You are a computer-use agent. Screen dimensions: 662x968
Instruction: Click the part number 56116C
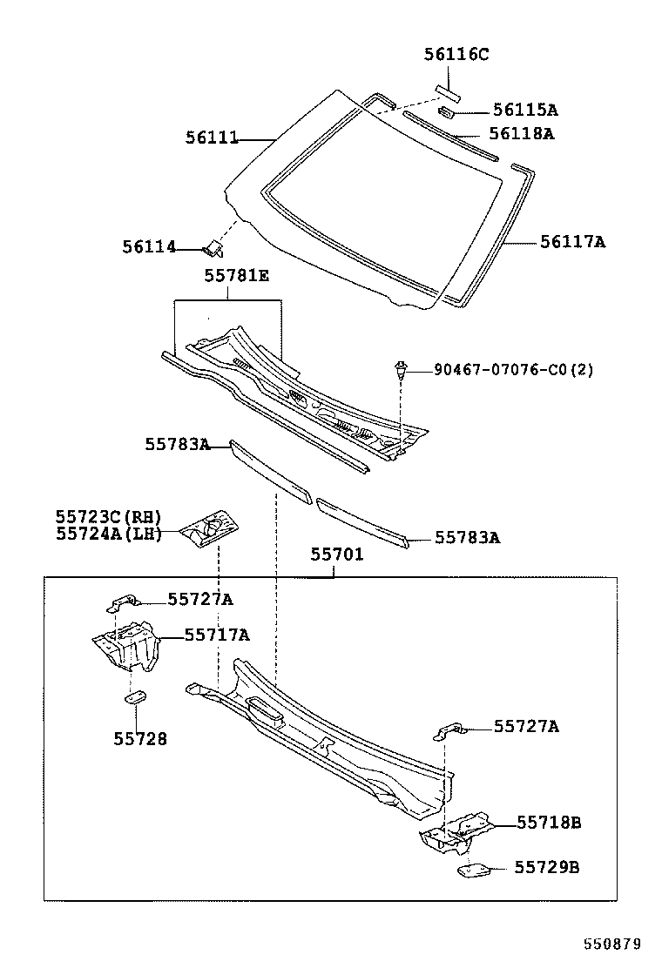click(x=456, y=54)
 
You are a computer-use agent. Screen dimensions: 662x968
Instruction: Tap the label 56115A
click(x=525, y=110)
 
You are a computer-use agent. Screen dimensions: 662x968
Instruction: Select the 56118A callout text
click(x=522, y=133)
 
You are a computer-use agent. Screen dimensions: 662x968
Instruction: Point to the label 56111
click(x=212, y=138)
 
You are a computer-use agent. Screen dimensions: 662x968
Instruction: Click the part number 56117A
click(x=572, y=241)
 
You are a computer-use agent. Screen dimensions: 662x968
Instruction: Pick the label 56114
click(x=149, y=247)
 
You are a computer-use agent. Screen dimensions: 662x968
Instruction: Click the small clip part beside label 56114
click(x=213, y=249)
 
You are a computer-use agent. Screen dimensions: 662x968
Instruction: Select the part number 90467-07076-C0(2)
click(x=513, y=370)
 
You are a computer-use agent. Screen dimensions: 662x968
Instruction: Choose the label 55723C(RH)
click(x=109, y=517)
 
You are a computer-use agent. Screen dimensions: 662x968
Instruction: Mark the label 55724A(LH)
click(x=109, y=534)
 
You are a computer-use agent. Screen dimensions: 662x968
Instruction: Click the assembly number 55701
click(x=336, y=555)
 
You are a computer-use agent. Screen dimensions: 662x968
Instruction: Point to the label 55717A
click(x=217, y=635)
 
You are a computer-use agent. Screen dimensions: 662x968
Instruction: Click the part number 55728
click(x=140, y=738)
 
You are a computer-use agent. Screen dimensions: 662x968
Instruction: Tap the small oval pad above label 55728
click(x=135, y=697)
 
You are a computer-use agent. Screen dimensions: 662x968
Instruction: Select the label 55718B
click(x=549, y=823)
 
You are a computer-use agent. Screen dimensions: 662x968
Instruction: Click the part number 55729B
click(x=547, y=867)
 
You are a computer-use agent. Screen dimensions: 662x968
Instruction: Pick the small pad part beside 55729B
click(x=473, y=870)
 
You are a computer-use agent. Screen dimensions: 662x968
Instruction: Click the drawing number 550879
click(x=612, y=944)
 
